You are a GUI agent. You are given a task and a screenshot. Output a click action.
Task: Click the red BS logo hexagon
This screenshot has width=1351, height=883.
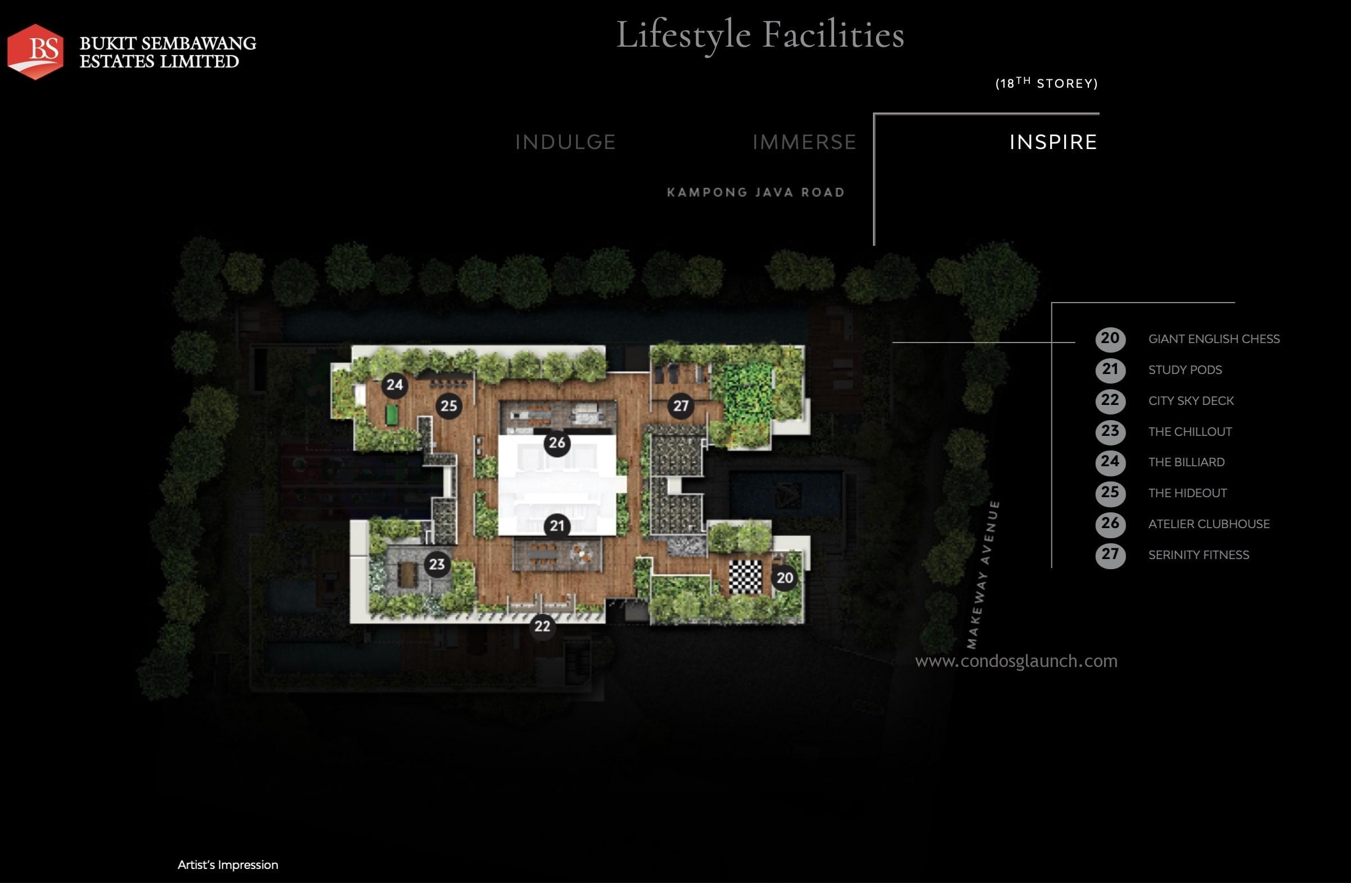click(35, 52)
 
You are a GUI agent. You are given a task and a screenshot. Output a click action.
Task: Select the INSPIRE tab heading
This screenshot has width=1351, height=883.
click(1053, 142)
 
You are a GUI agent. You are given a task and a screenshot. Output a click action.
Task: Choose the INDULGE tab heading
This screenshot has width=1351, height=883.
click(565, 142)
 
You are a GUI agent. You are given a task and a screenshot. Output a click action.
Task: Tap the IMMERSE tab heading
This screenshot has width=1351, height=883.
click(804, 142)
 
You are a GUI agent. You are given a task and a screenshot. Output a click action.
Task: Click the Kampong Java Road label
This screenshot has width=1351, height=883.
click(756, 192)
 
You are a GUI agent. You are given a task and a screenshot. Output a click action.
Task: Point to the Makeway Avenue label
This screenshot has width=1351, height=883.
click(983, 574)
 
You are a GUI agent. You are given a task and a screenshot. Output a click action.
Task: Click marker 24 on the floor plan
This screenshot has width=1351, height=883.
click(394, 385)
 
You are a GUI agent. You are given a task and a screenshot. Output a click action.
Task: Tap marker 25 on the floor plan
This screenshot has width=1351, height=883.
click(448, 406)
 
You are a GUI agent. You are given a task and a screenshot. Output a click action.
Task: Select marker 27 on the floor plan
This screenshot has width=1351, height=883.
click(681, 406)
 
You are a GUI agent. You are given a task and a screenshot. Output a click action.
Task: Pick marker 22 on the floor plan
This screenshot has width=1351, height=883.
click(542, 626)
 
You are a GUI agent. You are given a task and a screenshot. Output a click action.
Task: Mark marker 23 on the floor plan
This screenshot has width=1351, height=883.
click(436, 564)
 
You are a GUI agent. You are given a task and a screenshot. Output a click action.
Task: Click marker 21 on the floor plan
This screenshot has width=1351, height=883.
click(557, 526)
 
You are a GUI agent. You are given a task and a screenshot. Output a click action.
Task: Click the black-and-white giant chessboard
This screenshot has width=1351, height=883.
click(745, 576)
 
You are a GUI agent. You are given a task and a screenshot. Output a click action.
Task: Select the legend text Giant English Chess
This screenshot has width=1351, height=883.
click(1214, 339)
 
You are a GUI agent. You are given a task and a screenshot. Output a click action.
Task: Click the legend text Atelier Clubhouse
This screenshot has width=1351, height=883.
click(1209, 524)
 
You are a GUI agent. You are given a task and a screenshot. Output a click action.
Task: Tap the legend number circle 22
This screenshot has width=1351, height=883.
click(1110, 400)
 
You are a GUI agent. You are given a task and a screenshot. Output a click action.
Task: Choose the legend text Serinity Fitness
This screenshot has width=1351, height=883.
click(1199, 555)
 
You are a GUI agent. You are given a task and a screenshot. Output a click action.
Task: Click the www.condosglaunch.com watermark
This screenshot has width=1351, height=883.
click(1016, 661)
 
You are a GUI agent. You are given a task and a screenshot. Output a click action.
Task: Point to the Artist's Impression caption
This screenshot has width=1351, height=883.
click(228, 865)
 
